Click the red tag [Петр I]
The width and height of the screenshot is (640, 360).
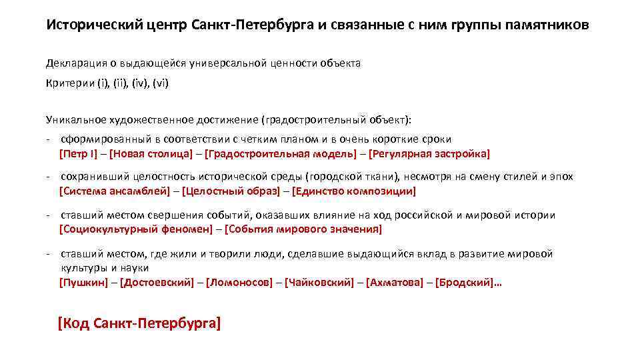pos(78,154)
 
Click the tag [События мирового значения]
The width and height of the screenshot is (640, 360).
pos(303,230)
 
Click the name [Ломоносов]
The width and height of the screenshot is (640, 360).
pos(239,283)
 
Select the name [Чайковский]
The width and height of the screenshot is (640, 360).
pos(319,283)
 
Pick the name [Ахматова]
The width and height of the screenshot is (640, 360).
pos(394,283)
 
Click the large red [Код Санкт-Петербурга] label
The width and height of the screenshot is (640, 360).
pos(139,324)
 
